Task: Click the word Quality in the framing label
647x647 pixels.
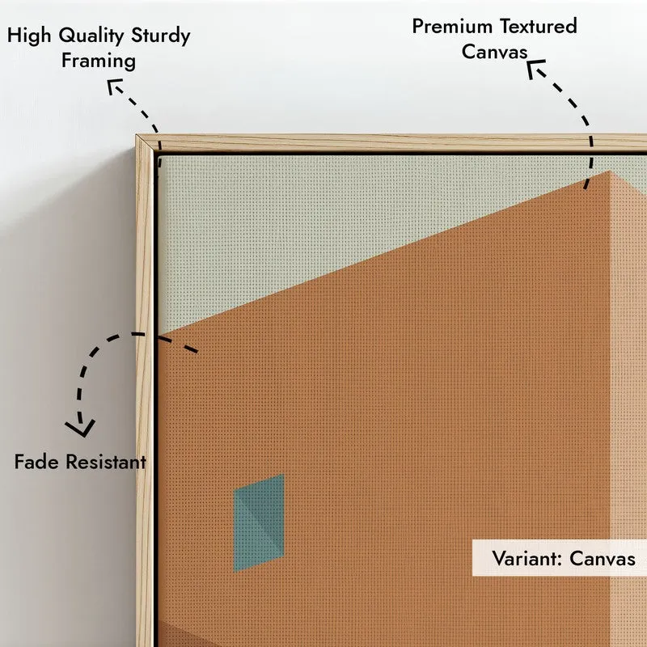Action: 91,36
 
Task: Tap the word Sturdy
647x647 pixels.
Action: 160,36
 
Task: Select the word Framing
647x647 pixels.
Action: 99,61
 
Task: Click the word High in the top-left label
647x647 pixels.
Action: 29,36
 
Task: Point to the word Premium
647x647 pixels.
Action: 452,27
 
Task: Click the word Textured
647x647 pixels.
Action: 539,27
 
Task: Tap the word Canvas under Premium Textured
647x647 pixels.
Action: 494,52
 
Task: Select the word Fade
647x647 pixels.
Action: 36,462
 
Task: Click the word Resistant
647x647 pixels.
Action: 106,462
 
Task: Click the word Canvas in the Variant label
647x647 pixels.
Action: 603,559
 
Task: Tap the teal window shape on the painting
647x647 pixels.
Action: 259,523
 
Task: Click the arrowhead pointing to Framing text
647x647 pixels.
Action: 113,86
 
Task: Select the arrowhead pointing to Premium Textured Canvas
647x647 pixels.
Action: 535,68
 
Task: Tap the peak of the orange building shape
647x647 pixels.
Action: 610,171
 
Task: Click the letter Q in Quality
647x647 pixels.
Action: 66,36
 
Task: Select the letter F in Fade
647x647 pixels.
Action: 19,462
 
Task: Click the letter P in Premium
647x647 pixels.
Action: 417,27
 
